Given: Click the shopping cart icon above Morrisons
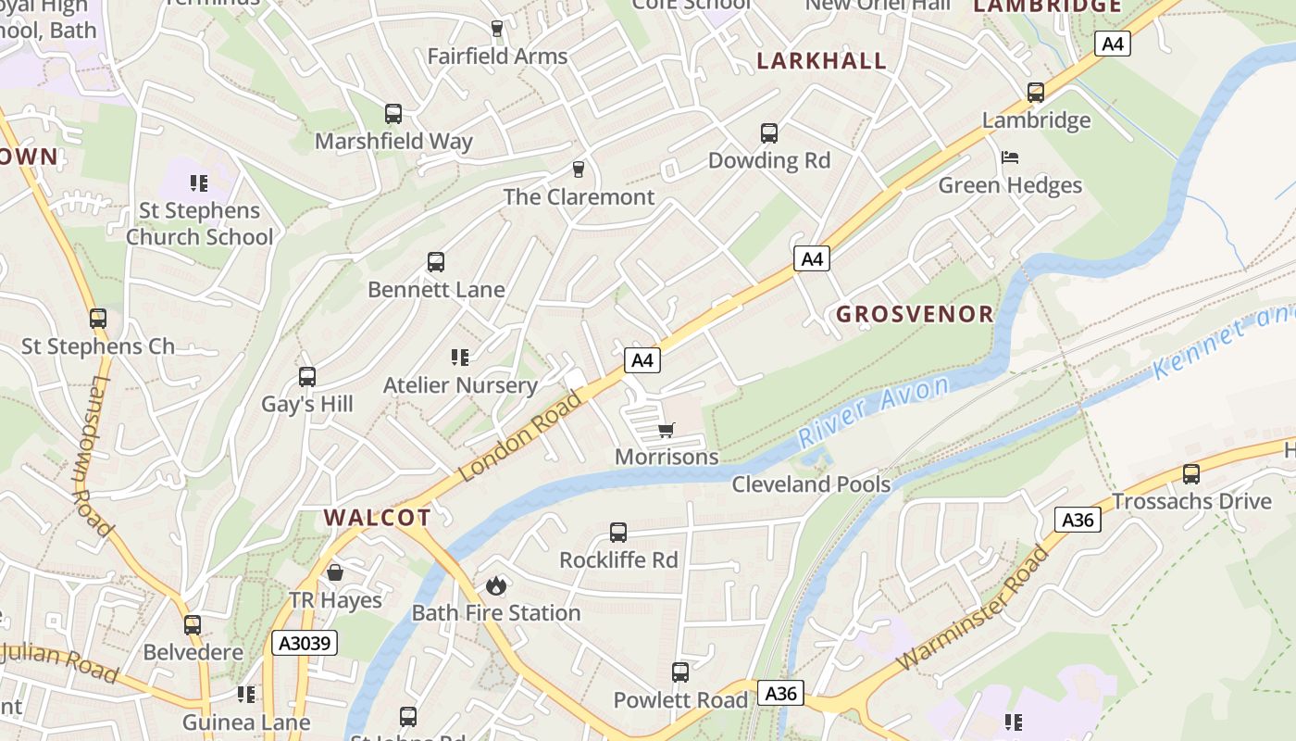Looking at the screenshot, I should [x=667, y=430].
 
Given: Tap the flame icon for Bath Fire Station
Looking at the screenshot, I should [x=496, y=585].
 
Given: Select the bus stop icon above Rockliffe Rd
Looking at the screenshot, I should [x=618, y=533].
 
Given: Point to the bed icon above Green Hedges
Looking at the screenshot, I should [x=1010, y=157].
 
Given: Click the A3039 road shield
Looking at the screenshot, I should [x=305, y=643].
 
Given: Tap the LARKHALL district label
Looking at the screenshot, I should [x=822, y=61].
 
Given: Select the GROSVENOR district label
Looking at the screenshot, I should [x=915, y=314].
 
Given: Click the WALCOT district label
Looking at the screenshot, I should [x=378, y=518].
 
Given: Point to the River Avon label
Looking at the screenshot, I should [x=874, y=411].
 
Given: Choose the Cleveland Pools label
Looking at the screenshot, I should [x=811, y=484].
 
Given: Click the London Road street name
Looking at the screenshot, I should [x=521, y=436].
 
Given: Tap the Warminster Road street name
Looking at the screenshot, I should [x=975, y=609].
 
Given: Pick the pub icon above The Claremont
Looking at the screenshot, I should [x=579, y=169].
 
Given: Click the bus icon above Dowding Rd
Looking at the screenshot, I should [x=769, y=133].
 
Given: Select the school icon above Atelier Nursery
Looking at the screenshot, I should [x=460, y=358].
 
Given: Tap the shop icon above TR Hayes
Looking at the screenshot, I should [x=335, y=572].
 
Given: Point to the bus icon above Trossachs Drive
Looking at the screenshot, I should [x=1191, y=474].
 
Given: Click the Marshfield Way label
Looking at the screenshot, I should [x=393, y=142].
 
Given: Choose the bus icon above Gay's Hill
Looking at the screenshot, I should [x=307, y=377].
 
